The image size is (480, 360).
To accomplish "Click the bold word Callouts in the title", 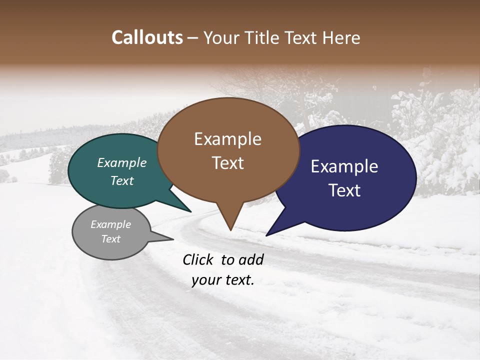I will pyautogui.click(x=147, y=37).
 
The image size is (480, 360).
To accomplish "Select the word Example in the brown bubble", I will pyautogui.click(x=227, y=139).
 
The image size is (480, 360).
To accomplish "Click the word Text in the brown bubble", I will pyautogui.click(x=227, y=162).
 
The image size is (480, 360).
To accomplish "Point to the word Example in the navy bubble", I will pyautogui.click(x=344, y=166).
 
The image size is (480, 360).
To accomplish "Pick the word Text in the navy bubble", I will pyautogui.click(x=344, y=190).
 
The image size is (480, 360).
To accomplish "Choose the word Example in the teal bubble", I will pyautogui.click(x=122, y=162).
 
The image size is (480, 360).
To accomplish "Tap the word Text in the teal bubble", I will pyautogui.click(x=122, y=180).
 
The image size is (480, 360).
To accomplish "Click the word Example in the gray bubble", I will pyautogui.click(x=111, y=224).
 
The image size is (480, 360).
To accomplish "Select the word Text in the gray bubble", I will pyautogui.click(x=111, y=239).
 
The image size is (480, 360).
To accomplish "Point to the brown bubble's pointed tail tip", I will pyautogui.click(x=230, y=230).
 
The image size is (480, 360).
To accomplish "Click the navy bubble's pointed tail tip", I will pyautogui.click(x=266, y=235).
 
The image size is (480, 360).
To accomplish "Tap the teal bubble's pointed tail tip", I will pyautogui.click(x=190, y=211).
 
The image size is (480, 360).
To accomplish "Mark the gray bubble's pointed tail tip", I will pyautogui.click(x=173, y=239).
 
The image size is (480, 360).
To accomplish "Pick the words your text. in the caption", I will pyautogui.click(x=223, y=280).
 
